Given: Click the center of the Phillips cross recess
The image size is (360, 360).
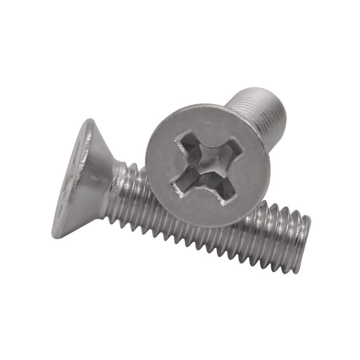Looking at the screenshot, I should point(208,166).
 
